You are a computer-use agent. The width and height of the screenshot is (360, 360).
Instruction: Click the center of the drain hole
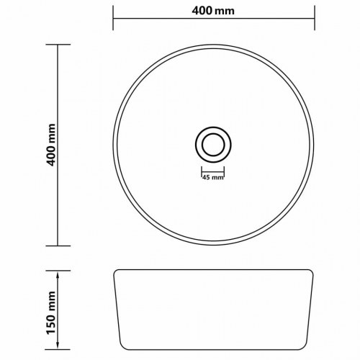point(213,145)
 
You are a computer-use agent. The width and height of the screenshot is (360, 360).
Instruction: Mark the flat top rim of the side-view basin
point(213,271)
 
